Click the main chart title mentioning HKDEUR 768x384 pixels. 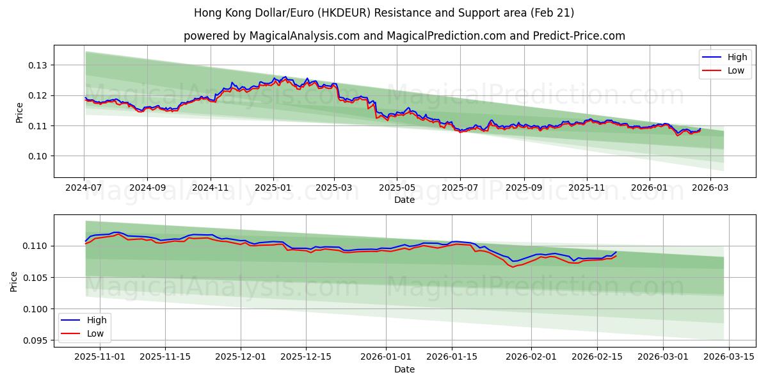[384, 13]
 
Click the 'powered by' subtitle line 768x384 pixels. [404, 36]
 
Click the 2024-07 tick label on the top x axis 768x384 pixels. [84, 188]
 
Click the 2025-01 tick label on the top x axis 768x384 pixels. [273, 188]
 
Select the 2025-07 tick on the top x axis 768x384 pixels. [461, 188]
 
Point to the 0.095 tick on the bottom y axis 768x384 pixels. [35, 340]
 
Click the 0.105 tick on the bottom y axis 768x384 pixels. [35, 278]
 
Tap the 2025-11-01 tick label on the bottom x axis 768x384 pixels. [99, 356]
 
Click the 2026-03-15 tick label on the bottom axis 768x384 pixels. [730, 356]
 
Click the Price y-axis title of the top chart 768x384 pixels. [19, 113]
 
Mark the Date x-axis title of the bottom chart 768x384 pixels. [404, 369]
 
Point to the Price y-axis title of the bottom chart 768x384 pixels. [14, 281]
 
